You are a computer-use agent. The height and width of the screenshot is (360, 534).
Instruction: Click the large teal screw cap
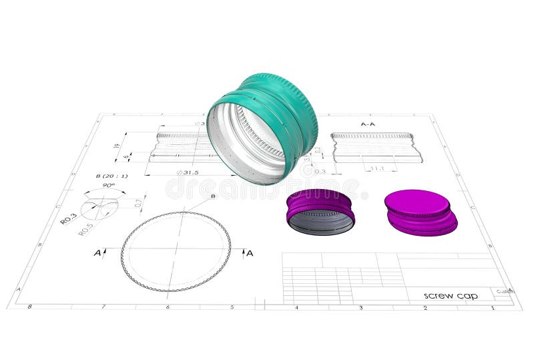coord(263,127)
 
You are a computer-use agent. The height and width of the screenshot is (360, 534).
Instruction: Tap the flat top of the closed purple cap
coord(417,202)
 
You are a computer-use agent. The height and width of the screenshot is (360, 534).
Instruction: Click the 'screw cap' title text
coord(451,295)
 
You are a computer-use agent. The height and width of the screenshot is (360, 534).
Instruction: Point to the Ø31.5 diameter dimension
coord(188,172)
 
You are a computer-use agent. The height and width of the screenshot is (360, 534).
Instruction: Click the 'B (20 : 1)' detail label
coord(111,176)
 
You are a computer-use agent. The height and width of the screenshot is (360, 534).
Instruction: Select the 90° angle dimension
coord(107,186)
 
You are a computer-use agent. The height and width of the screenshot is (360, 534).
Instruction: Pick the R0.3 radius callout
coord(68,218)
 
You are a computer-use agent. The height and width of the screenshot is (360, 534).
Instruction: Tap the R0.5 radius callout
coord(85,230)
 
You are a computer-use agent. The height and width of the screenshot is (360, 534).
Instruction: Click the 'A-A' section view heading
coord(368,124)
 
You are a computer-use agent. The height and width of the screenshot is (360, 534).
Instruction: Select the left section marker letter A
coord(97,253)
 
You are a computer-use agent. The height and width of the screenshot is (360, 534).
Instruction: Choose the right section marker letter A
coord(250,253)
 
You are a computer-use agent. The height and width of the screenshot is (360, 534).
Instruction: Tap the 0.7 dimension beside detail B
coord(138,202)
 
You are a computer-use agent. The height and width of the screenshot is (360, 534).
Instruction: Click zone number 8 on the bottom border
coord(29,307)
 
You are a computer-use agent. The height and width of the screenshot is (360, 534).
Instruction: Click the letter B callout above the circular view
coord(213,196)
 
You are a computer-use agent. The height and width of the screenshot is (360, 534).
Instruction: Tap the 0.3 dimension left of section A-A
coord(320,172)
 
